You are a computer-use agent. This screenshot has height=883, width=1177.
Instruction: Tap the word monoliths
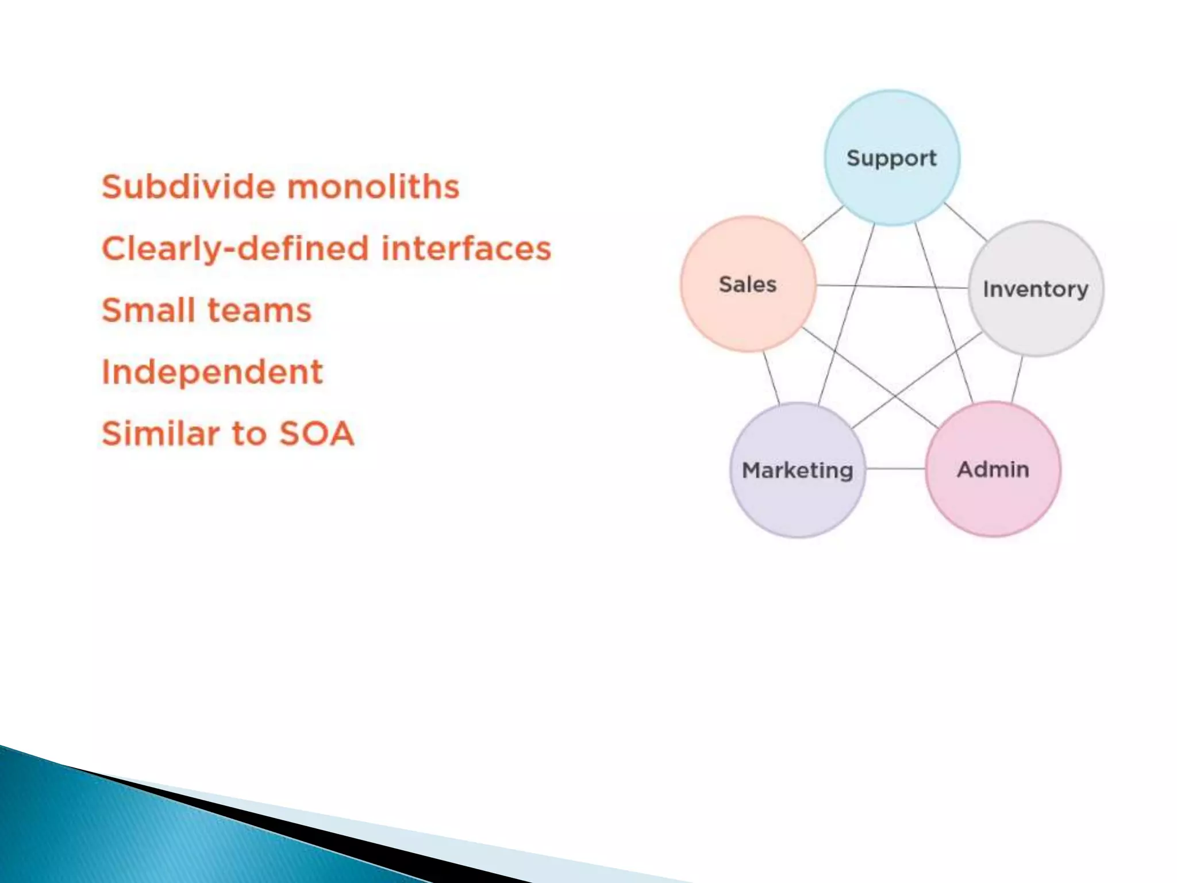click(x=374, y=187)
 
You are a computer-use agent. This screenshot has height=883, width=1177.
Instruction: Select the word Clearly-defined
click(x=236, y=249)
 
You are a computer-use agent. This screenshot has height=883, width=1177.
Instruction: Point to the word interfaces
click(x=466, y=248)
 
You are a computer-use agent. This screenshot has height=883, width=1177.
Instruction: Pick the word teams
click(x=259, y=310)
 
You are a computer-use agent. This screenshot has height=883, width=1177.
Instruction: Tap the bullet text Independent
click(x=212, y=372)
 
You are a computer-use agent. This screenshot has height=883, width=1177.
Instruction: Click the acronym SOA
click(x=316, y=433)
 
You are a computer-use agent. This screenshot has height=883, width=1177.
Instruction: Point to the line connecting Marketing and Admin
click(x=895, y=469)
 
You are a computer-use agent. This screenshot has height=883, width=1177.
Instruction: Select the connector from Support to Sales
click(x=822, y=222)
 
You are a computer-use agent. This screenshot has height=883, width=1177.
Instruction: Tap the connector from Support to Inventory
click(x=966, y=221)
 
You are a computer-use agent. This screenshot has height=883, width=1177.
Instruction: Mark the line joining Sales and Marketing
click(x=771, y=378)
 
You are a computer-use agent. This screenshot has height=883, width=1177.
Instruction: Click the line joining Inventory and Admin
click(x=1017, y=379)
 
